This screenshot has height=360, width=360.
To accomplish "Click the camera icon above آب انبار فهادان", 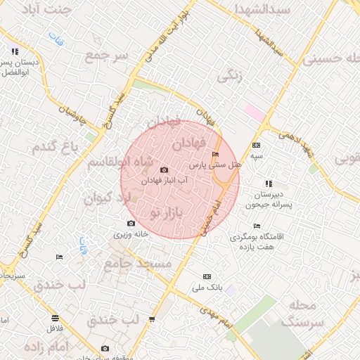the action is (165, 169).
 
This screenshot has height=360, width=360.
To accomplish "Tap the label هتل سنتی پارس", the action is (216, 165).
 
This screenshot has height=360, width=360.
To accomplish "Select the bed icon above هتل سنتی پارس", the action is (215, 154).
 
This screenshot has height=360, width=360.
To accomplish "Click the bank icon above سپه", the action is (255, 145).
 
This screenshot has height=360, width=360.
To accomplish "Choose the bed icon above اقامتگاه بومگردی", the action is (257, 226).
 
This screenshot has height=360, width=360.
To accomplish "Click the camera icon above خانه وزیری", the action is (131, 224).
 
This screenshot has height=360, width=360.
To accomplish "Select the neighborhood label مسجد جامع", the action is (138, 264).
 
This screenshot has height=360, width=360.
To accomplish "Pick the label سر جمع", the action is (106, 55).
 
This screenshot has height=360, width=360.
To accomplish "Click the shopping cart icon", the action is (152, 320).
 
